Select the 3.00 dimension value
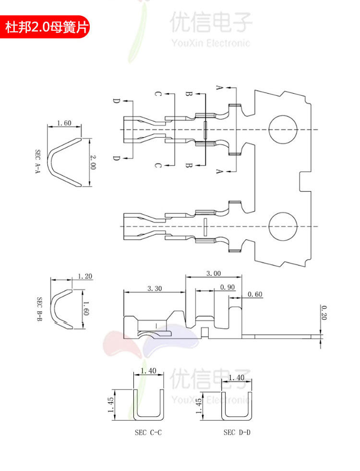213,273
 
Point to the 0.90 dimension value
227,287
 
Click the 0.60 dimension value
255,294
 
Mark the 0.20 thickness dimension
324,312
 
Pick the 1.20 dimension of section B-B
84,276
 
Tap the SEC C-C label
148,432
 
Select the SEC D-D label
237,432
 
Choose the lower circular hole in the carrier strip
283,226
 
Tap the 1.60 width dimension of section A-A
64,123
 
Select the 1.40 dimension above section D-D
237,377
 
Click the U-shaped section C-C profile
149,405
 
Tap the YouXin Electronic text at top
211,43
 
